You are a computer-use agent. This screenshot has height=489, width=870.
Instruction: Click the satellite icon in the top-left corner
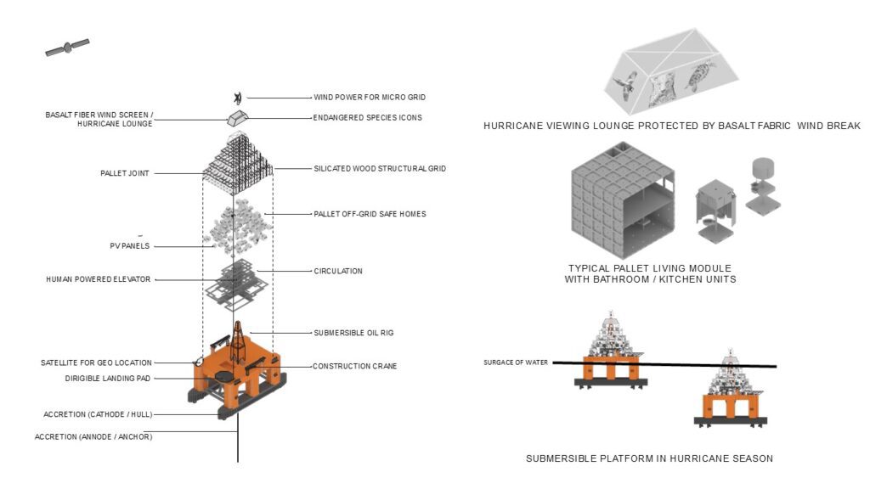point(67,48)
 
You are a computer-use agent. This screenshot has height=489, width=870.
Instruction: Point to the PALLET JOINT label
point(124,173)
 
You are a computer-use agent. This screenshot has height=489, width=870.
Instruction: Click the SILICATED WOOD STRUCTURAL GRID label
point(379,169)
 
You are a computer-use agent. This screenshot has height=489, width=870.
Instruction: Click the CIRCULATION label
point(337,271)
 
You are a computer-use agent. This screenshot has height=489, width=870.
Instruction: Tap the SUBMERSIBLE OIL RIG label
point(353,332)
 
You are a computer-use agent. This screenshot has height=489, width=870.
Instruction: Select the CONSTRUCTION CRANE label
point(354,367)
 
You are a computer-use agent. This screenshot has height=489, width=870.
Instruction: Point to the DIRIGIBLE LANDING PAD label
point(107,378)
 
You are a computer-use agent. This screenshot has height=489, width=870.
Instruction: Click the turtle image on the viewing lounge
point(702,81)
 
